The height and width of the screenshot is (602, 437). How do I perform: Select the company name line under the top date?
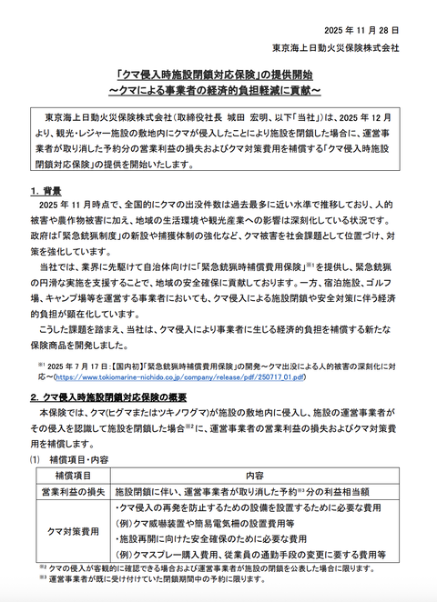click(x=350, y=45)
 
